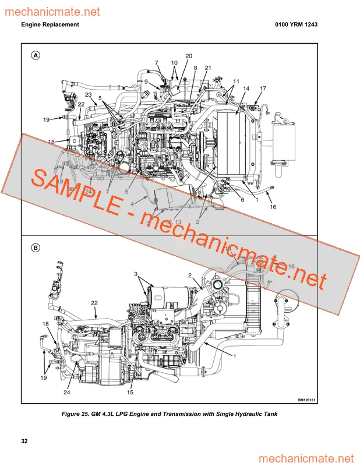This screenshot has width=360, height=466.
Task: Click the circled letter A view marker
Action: coord(36,55)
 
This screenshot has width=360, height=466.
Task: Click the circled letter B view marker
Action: coord(36,248)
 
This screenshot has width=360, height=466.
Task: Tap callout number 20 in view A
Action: coord(189,56)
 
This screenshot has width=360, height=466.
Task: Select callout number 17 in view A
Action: coord(263,89)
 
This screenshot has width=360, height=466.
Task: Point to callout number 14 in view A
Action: coord(246,89)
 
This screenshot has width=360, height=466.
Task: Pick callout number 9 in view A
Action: coord(146,82)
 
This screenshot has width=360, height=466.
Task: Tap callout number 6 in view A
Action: coord(242,200)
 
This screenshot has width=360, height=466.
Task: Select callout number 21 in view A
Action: coord(208,68)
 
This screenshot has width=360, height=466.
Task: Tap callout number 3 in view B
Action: coord(136,274)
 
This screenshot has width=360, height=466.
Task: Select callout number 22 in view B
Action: coord(94,302)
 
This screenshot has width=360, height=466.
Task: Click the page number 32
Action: coord(24,441)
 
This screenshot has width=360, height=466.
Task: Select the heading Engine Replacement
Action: coord(50,25)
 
